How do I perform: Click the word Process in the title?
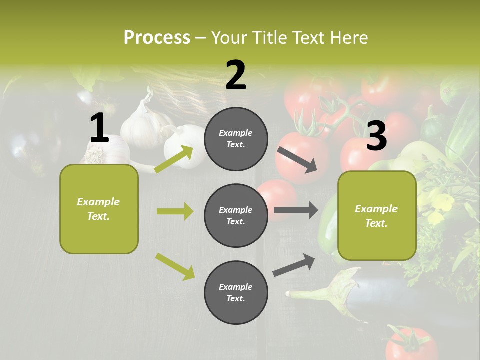[x=157, y=37]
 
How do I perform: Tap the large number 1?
[x=99, y=128]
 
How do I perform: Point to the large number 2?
[x=236, y=75]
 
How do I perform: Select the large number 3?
[x=376, y=136]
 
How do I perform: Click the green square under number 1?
[x=99, y=209]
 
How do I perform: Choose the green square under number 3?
[x=377, y=215]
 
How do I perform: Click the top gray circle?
[x=236, y=139]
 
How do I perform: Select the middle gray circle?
[x=236, y=215]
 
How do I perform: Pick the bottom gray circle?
[x=236, y=292]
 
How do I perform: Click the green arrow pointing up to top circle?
[x=174, y=159]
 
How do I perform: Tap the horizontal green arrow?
[x=175, y=211]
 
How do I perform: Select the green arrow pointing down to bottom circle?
[x=175, y=266]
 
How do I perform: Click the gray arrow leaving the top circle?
[x=297, y=160]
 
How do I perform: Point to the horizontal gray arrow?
[x=295, y=210]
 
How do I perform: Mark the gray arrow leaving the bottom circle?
[x=294, y=265]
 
